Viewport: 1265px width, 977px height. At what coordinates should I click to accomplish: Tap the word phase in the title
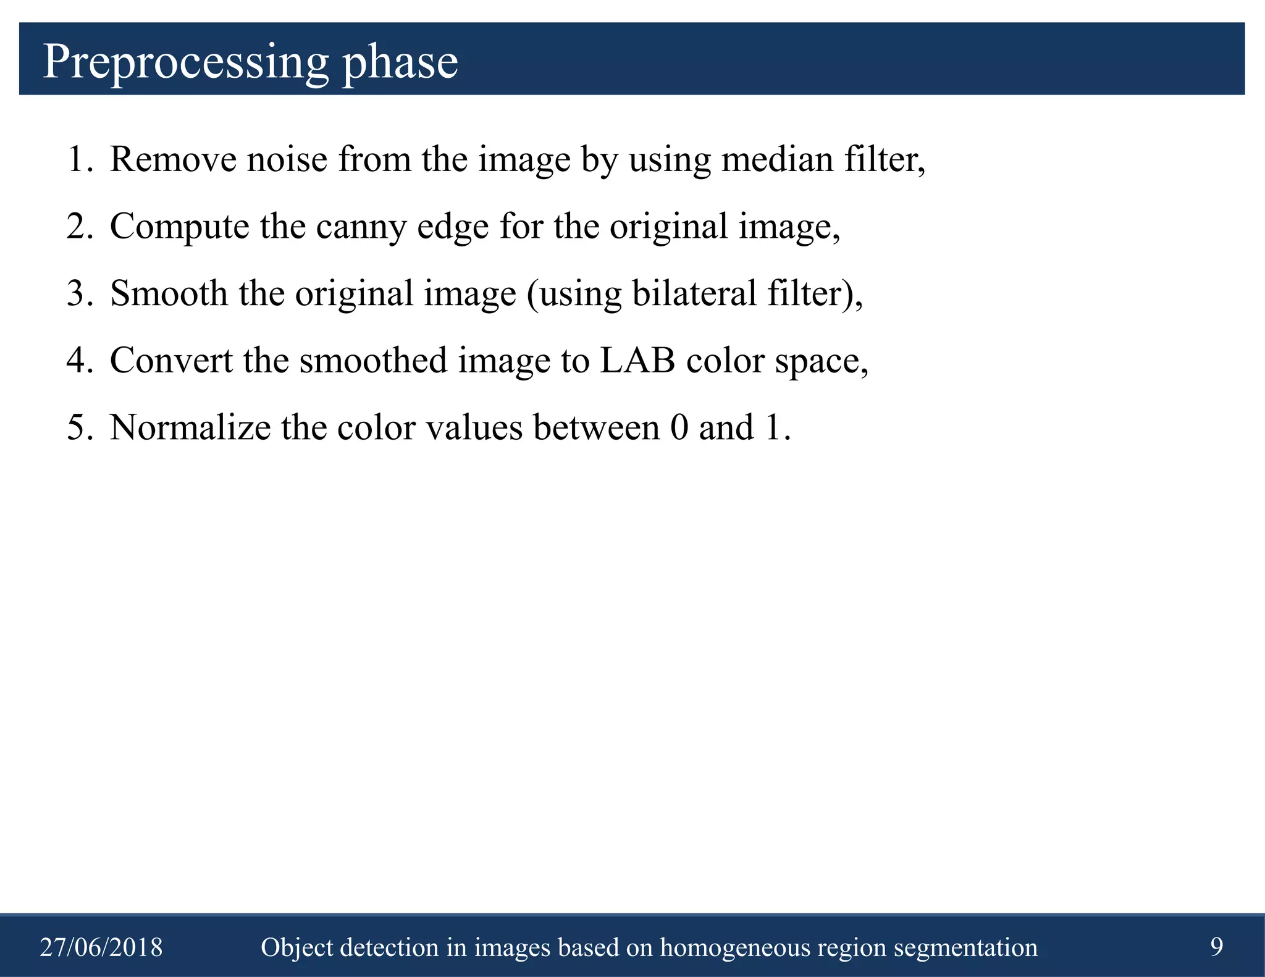[x=400, y=62]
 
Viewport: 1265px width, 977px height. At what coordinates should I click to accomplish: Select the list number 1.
[x=78, y=159]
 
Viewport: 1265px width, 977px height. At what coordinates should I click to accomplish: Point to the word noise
[x=287, y=159]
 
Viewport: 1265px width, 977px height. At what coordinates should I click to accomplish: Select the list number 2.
[x=78, y=226]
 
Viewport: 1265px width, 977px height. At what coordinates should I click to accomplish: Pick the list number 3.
[x=78, y=293]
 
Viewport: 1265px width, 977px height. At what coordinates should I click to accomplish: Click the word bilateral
[x=694, y=293]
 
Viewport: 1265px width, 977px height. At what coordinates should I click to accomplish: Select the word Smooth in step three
[x=169, y=293]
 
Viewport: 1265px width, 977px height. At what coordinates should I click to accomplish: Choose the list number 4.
[x=78, y=360]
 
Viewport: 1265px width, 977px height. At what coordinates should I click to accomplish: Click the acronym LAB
[x=637, y=360]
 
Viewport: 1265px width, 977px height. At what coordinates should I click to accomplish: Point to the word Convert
[x=170, y=360]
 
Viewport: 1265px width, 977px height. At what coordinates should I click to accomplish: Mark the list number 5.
[x=78, y=427]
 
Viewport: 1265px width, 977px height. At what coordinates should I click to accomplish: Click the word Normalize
[x=190, y=427]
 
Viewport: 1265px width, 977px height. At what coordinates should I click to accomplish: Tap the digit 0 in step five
[x=679, y=427]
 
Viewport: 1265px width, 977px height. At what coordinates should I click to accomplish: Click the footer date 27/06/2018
[x=101, y=947]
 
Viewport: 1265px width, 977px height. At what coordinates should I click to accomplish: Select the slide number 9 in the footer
[x=1216, y=946]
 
